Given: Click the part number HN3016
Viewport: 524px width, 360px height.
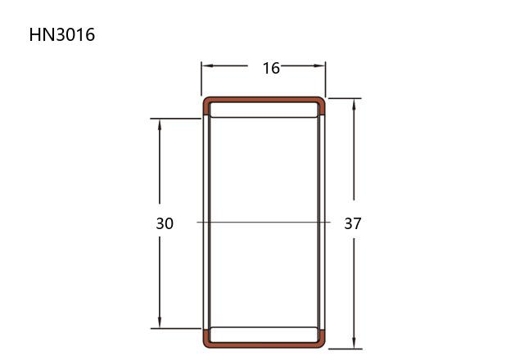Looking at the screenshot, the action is click(x=62, y=34).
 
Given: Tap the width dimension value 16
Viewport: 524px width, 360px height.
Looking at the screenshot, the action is click(x=271, y=68).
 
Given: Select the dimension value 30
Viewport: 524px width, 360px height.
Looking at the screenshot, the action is click(x=165, y=223).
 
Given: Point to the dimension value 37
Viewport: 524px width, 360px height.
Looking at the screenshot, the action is click(x=353, y=223).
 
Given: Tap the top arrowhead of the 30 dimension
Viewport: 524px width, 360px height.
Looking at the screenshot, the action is click(x=160, y=125).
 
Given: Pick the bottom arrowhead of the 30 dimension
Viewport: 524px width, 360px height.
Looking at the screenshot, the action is click(x=160, y=322).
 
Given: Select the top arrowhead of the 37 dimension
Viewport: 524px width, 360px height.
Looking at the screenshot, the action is click(x=354, y=105).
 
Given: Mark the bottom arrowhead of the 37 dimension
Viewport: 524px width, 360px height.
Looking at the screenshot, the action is click(x=354, y=343).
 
